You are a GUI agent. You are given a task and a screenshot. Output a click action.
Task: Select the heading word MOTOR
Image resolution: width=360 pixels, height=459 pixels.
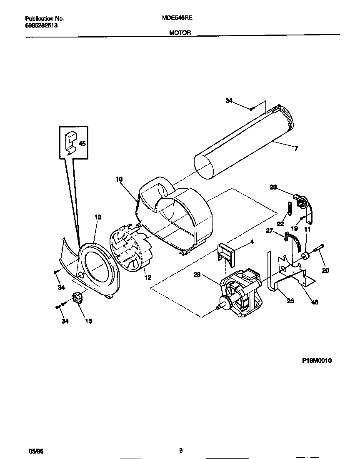180,32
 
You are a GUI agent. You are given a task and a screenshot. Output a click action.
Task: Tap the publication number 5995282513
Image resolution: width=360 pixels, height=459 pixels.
41,25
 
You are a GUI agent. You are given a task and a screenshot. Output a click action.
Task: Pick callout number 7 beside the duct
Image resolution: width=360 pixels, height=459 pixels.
296,149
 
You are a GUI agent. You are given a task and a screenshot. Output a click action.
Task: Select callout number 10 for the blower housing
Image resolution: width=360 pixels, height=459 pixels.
119,180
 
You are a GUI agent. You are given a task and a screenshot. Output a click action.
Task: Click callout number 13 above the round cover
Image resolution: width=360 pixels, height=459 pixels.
98,217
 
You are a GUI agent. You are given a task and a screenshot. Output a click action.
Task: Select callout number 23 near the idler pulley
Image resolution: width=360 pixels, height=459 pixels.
273,187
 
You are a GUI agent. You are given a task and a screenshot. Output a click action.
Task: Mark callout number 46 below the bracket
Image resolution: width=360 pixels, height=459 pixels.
315,302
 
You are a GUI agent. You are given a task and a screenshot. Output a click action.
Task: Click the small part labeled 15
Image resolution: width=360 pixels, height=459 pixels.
77,299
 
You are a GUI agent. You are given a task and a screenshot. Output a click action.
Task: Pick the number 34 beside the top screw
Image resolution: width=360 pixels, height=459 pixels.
229,101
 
